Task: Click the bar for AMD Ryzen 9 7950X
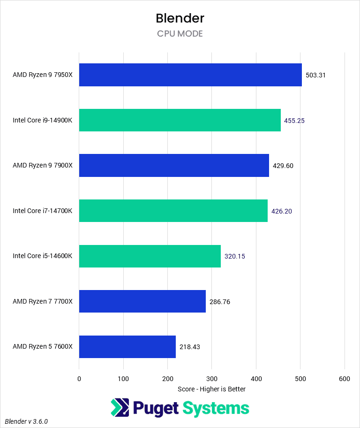(x=190, y=75)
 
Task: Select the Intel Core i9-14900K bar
(x=180, y=120)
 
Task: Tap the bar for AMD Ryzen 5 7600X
(x=127, y=347)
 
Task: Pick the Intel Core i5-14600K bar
(x=150, y=256)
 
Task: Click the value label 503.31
(x=315, y=75)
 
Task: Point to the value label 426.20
(x=282, y=211)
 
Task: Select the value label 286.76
(x=220, y=302)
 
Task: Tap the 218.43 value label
(x=190, y=347)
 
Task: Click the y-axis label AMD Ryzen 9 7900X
(x=43, y=166)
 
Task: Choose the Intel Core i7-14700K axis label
(x=43, y=211)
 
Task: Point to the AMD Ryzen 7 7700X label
(x=43, y=302)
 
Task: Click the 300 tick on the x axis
(x=212, y=378)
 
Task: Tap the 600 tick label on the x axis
(x=345, y=378)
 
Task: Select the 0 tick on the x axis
(x=79, y=378)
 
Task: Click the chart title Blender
(x=180, y=18)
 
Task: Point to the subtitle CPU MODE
(x=180, y=34)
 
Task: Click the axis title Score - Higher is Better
(x=212, y=389)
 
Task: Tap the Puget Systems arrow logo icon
(x=120, y=407)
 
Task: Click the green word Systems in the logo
(x=216, y=408)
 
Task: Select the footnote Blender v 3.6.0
(x=27, y=421)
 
